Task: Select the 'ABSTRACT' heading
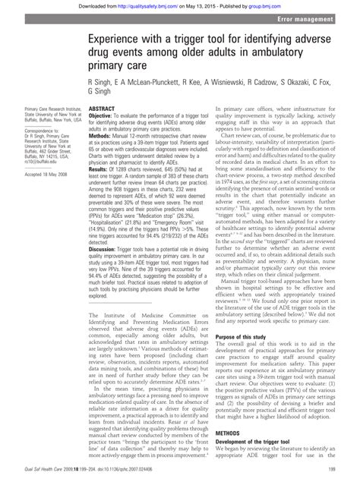pos(103,109)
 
